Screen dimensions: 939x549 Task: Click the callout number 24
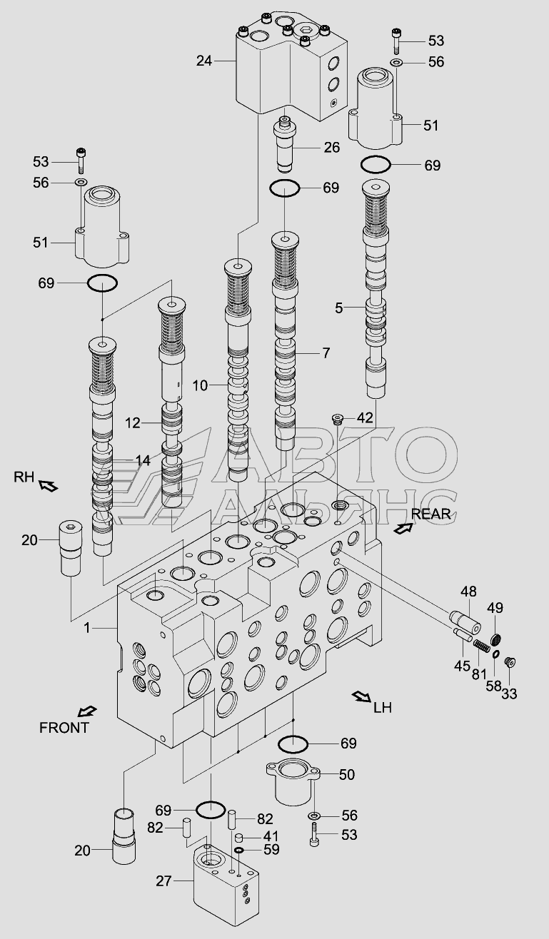(204, 61)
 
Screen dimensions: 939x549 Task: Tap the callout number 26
(332, 148)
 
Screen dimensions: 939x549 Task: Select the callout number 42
(365, 417)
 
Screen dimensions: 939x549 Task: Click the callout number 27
(164, 880)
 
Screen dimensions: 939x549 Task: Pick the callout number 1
(88, 628)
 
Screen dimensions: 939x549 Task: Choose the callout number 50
(347, 774)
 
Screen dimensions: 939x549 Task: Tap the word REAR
(430, 514)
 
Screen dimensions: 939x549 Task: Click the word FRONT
(64, 728)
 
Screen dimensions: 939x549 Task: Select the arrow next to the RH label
(49, 486)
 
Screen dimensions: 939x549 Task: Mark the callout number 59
(271, 850)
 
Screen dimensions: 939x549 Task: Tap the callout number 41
(271, 836)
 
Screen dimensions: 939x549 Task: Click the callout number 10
(200, 386)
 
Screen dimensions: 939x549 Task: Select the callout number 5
(339, 308)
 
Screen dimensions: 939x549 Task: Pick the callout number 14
(143, 461)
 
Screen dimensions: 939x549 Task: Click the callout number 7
(326, 352)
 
